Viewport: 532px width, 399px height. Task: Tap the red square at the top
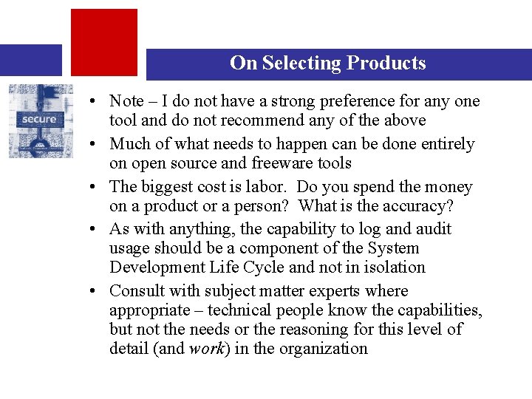click(103, 42)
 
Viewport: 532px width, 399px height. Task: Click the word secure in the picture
click(38, 119)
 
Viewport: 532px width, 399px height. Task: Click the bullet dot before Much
click(97, 144)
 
